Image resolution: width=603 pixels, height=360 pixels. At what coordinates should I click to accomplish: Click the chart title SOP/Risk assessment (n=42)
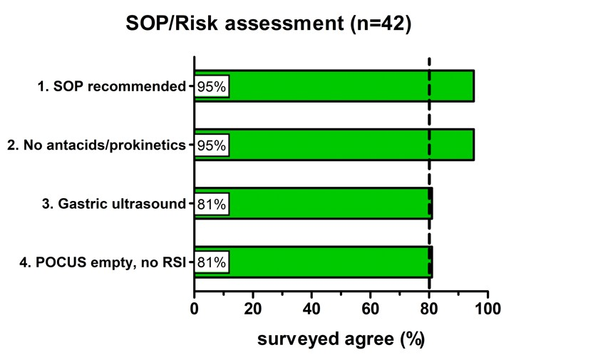tap(269, 23)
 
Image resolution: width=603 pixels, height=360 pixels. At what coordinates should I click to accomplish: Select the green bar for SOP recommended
tap(334, 86)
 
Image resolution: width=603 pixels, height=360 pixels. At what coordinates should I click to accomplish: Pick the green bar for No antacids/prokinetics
tap(334, 145)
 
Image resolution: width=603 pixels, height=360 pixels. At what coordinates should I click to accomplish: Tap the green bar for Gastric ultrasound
tap(314, 203)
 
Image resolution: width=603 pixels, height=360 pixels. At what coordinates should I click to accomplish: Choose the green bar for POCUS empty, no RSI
tap(314, 262)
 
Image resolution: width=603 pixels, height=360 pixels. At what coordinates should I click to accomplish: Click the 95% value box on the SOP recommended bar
tap(212, 86)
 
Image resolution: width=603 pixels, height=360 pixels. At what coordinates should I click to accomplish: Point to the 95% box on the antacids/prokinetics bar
tap(212, 145)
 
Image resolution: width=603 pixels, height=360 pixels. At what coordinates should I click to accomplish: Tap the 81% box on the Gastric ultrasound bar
tap(212, 204)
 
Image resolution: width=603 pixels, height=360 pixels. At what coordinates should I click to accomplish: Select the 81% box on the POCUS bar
tap(212, 262)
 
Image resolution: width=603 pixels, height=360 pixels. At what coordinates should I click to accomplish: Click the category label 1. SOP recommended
tap(112, 86)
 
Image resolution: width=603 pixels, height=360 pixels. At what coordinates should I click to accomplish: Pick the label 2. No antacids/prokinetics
tap(96, 145)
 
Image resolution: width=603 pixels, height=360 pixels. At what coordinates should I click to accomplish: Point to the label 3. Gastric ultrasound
tap(114, 203)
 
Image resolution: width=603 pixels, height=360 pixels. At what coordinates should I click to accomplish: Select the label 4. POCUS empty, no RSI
tap(103, 262)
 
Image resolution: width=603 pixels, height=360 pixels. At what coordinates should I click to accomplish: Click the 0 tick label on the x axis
tap(195, 309)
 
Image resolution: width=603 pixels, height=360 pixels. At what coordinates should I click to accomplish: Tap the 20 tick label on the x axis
tap(253, 309)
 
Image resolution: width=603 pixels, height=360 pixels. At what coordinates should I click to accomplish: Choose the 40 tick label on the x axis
tap(312, 309)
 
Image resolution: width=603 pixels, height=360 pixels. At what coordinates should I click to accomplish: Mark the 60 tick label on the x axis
tap(371, 309)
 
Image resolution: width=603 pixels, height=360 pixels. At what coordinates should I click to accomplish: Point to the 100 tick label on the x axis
tap(488, 309)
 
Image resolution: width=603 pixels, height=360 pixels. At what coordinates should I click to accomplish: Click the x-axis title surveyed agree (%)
tap(341, 339)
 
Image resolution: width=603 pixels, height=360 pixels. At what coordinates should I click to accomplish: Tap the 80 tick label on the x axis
tap(429, 309)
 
